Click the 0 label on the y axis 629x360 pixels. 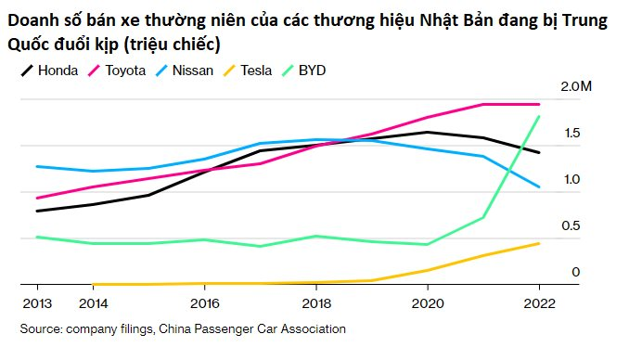point(575,272)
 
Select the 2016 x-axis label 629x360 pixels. point(204,302)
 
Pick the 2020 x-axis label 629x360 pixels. point(427,302)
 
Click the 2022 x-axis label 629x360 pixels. point(539,302)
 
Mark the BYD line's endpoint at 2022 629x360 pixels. point(539,116)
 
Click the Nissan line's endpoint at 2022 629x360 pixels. point(539,187)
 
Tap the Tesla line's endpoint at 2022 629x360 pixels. point(539,243)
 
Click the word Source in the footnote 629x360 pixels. point(41,328)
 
